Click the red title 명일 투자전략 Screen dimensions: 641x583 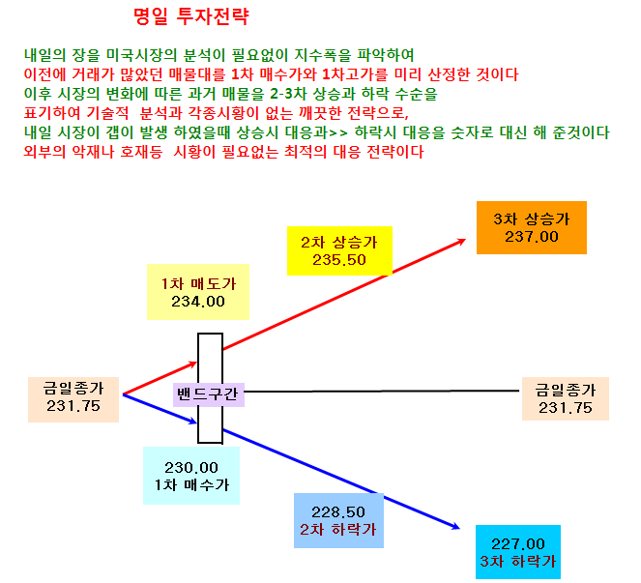pyautogui.click(x=190, y=16)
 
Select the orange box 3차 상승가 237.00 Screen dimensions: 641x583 pyautogui.click(x=532, y=228)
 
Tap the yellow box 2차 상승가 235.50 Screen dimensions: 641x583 pyautogui.click(x=339, y=250)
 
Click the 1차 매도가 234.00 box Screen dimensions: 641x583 pyautogui.click(x=198, y=292)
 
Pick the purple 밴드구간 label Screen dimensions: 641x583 pyautogui.click(x=209, y=394)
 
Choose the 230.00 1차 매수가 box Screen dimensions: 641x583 pyautogui.click(x=191, y=476)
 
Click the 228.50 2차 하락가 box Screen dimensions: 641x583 pyautogui.click(x=338, y=520)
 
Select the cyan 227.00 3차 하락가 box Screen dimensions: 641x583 pyautogui.click(x=518, y=552)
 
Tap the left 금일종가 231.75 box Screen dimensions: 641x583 pyautogui.click(x=73, y=399)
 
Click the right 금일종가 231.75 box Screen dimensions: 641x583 pyautogui.click(x=566, y=398)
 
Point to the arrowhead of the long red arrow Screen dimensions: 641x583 pyautogui.click(x=465, y=240)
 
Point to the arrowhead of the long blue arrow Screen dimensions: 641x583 pyautogui.click(x=459, y=528)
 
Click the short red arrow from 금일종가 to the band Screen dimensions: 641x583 pyautogui.click(x=160, y=378)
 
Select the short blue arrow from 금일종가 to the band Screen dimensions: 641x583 pyautogui.click(x=160, y=408)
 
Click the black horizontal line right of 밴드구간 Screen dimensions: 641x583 pyautogui.click(x=382, y=392)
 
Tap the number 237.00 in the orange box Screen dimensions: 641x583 pyautogui.click(x=532, y=237)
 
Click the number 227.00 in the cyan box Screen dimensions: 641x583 pyautogui.click(x=518, y=543)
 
